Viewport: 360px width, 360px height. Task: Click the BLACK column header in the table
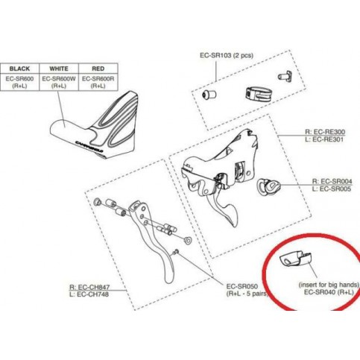pyautogui.click(x=19, y=69)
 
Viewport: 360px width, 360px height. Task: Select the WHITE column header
pyautogui.click(x=59, y=69)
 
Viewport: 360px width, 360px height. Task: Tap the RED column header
pyautogui.click(x=98, y=69)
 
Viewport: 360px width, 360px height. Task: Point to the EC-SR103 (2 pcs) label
pyautogui.click(x=227, y=55)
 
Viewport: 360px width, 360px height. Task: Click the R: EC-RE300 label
pyautogui.click(x=325, y=132)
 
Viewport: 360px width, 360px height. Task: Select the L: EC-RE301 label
pyautogui.click(x=324, y=139)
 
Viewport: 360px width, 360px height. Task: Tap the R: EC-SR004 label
pyautogui.click(x=332, y=181)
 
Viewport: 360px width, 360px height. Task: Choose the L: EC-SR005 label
pyautogui.click(x=332, y=189)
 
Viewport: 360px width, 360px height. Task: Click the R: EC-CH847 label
pyautogui.click(x=89, y=287)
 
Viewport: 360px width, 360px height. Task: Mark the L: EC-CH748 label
pyautogui.click(x=89, y=294)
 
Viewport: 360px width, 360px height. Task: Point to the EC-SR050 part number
pyautogui.click(x=242, y=286)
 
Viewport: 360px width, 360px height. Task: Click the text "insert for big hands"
pyautogui.click(x=329, y=285)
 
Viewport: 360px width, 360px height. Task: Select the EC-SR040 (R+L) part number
pyautogui.click(x=329, y=292)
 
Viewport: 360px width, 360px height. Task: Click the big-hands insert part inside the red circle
pyautogui.click(x=295, y=260)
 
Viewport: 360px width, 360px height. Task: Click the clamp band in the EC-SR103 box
pyautogui.click(x=257, y=95)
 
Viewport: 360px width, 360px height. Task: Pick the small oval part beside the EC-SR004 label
pyautogui.click(x=269, y=187)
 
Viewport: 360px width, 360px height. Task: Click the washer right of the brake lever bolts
pyautogui.click(x=187, y=240)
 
